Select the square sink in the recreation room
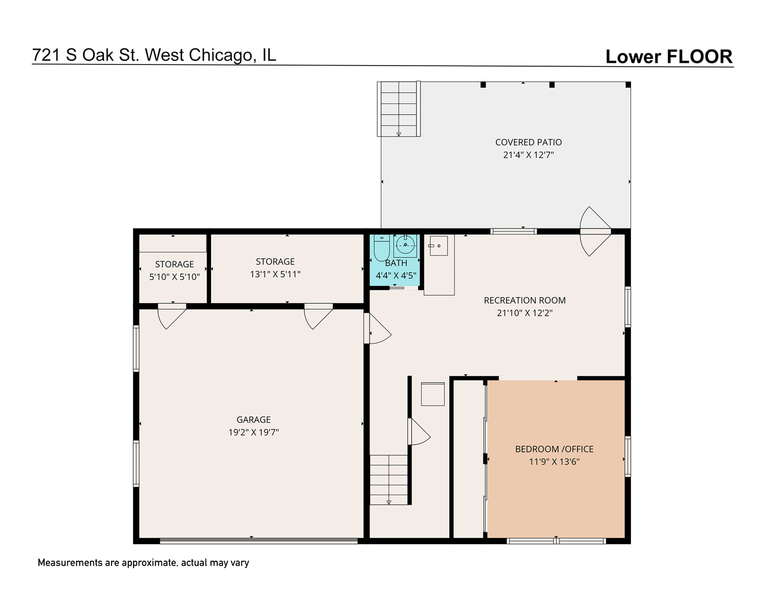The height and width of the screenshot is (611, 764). click(x=438, y=246)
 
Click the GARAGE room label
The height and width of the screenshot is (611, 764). click(x=254, y=420)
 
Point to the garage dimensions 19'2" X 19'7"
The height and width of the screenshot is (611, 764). click(x=254, y=432)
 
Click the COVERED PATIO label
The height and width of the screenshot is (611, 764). click(x=529, y=143)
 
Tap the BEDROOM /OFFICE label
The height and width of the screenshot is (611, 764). click(x=554, y=449)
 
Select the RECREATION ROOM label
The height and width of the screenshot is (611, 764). click(x=525, y=300)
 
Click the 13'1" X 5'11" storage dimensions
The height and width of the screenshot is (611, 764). click(x=275, y=274)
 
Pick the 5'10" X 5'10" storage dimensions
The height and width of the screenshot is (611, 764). click(x=174, y=277)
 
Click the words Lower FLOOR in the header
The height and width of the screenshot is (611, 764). click(x=669, y=57)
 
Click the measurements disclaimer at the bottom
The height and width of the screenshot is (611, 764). click(x=143, y=563)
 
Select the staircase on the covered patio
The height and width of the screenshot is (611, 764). click(x=399, y=109)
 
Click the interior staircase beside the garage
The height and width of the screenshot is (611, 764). click(x=389, y=479)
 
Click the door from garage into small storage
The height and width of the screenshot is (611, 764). click(x=172, y=316)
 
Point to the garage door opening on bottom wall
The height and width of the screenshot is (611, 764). click(x=259, y=541)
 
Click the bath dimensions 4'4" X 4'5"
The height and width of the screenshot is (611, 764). click(x=396, y=276)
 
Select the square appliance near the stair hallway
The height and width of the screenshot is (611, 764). click(x=433, y=394)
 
